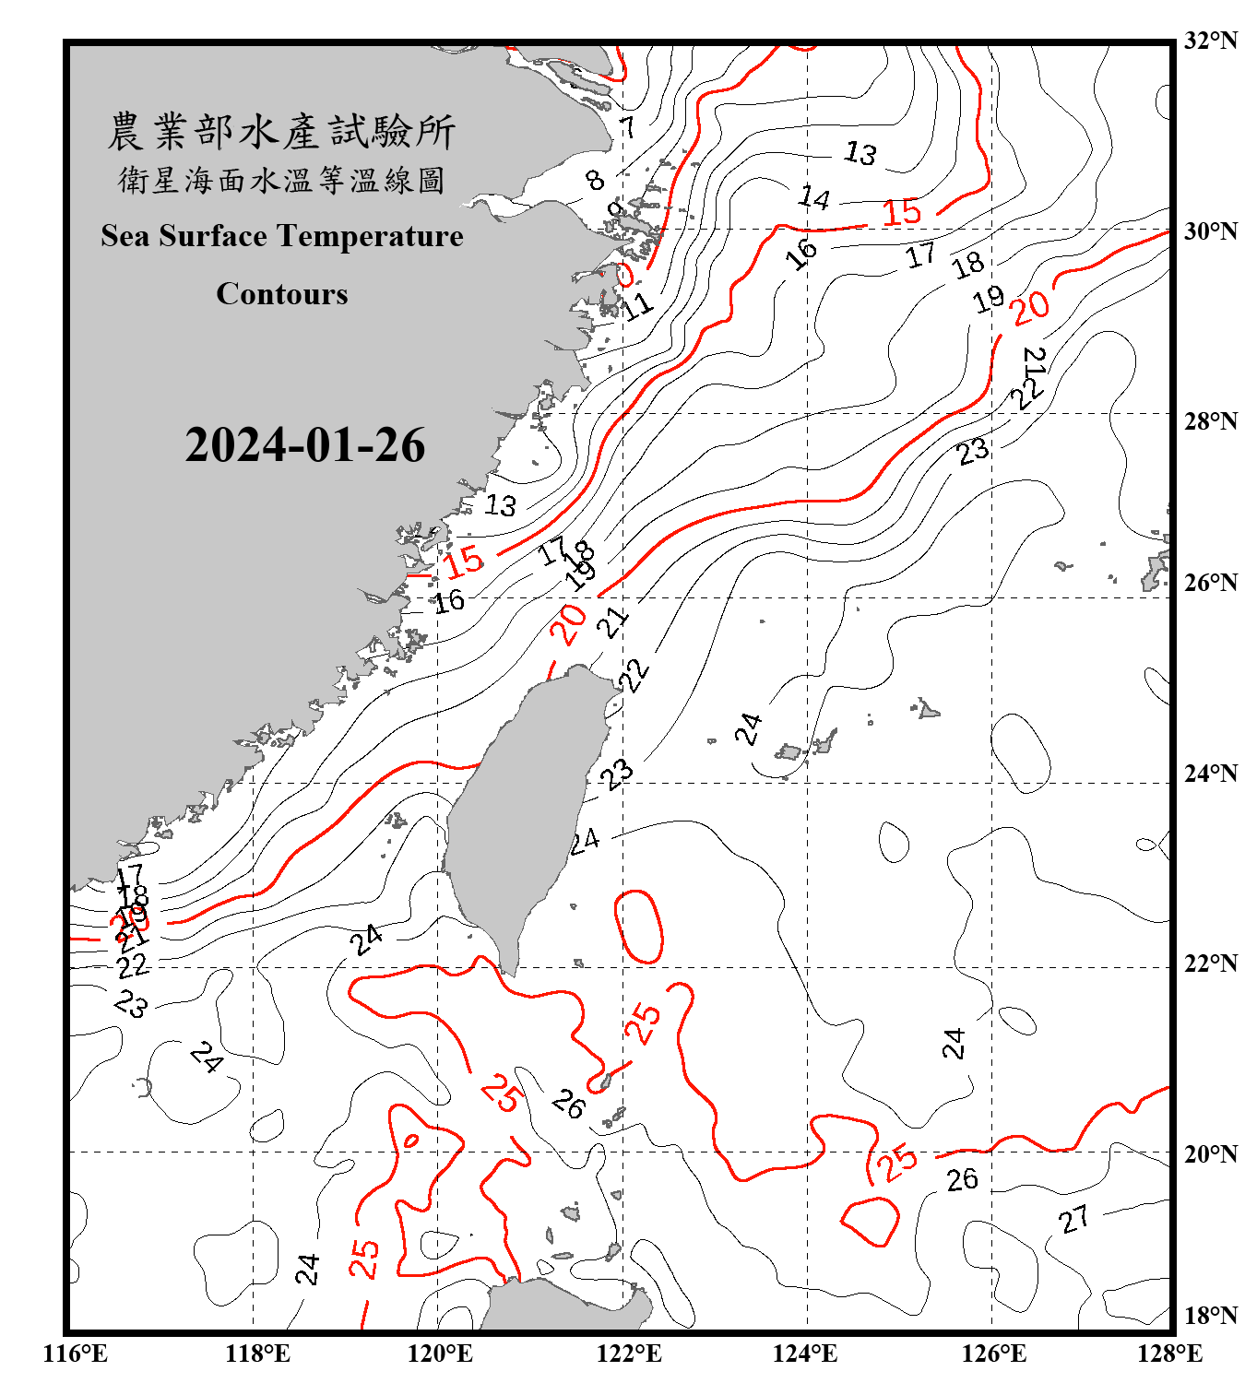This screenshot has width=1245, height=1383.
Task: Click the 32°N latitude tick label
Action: coord(1210,41)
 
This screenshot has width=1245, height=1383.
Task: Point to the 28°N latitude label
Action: coord(1210,421)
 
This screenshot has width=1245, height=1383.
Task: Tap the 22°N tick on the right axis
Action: coord(1210,963)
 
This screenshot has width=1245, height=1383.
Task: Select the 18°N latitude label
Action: coord(1210,1316)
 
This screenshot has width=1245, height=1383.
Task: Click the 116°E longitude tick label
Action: coord(76,1353)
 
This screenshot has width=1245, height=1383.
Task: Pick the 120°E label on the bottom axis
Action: coord(440,1353)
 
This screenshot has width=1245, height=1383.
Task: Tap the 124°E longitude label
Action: coord(805,1353)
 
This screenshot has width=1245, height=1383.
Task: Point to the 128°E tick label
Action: coord(1169,1353)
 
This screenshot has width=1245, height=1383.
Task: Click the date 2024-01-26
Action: coord(304,445)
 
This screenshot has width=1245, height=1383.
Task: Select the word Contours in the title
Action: coord(282,294)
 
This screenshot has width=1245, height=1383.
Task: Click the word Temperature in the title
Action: coord(370,236)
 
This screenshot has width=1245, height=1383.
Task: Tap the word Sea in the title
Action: coord(126,236)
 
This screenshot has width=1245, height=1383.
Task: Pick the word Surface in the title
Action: coord(213,236)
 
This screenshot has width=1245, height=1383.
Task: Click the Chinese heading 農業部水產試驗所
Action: coord(281,132)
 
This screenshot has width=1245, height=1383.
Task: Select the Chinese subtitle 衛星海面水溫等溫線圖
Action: coord(281,180)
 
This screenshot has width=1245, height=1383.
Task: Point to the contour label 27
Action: coord(1074,1219)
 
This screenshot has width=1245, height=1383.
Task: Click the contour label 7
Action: coord(627,127)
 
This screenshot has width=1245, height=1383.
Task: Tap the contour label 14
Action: coord(814,197)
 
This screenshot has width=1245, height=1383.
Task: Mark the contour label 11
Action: coord(637,305)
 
